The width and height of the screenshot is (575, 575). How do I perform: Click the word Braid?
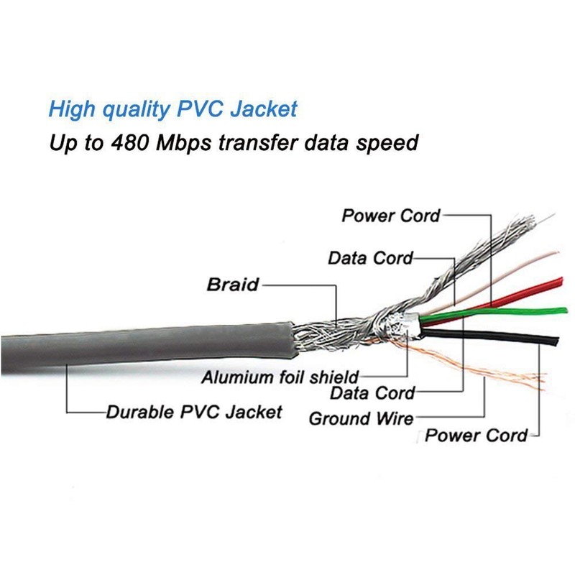click(x=232, y=284)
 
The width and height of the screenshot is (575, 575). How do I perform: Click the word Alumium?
click(x=234, y=376)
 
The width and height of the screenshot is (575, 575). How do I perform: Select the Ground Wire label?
click(x=361, y=418)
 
